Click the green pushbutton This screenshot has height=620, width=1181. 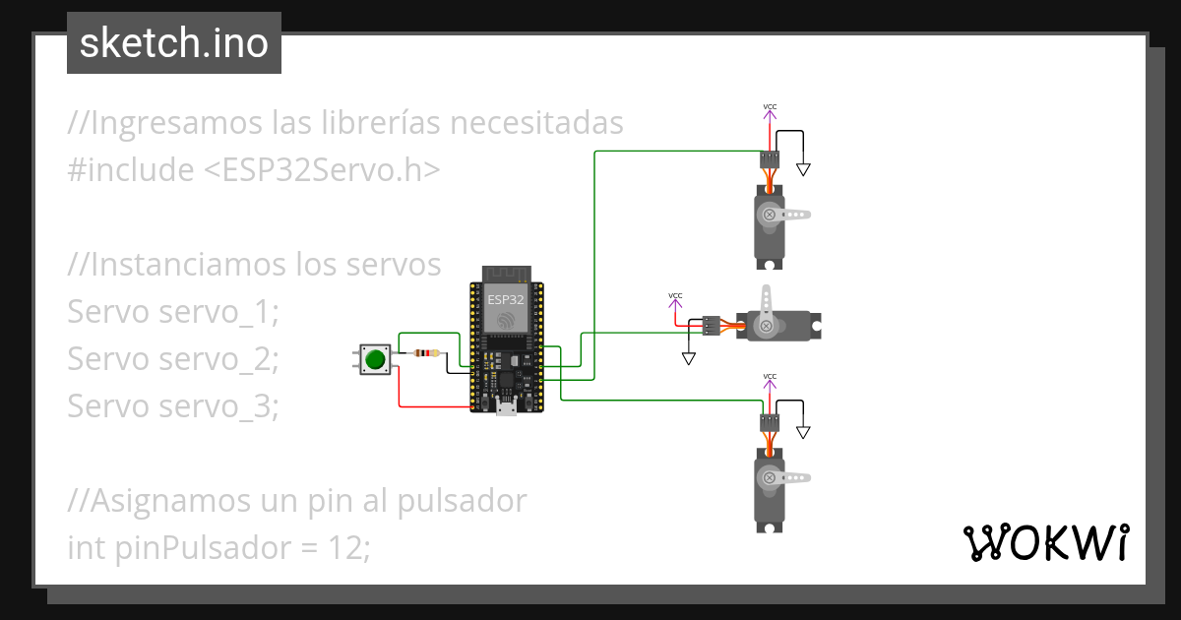point(374,359)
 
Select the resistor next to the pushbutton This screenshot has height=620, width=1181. point(424,352)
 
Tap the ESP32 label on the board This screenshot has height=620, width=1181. point(506,297)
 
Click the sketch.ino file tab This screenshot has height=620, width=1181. point(174,43)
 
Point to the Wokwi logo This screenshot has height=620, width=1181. point(1044,542)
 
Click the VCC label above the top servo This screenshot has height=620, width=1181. point(770,106)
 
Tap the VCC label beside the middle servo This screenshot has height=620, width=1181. point(675,295)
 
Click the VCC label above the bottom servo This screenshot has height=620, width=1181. point(770,376)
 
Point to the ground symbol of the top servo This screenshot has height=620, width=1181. point(803,169)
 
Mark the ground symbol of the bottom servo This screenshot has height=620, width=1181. point(803,432)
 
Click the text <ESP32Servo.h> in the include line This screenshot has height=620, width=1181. point(322,169)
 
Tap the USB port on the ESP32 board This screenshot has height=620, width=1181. point(506,407)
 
